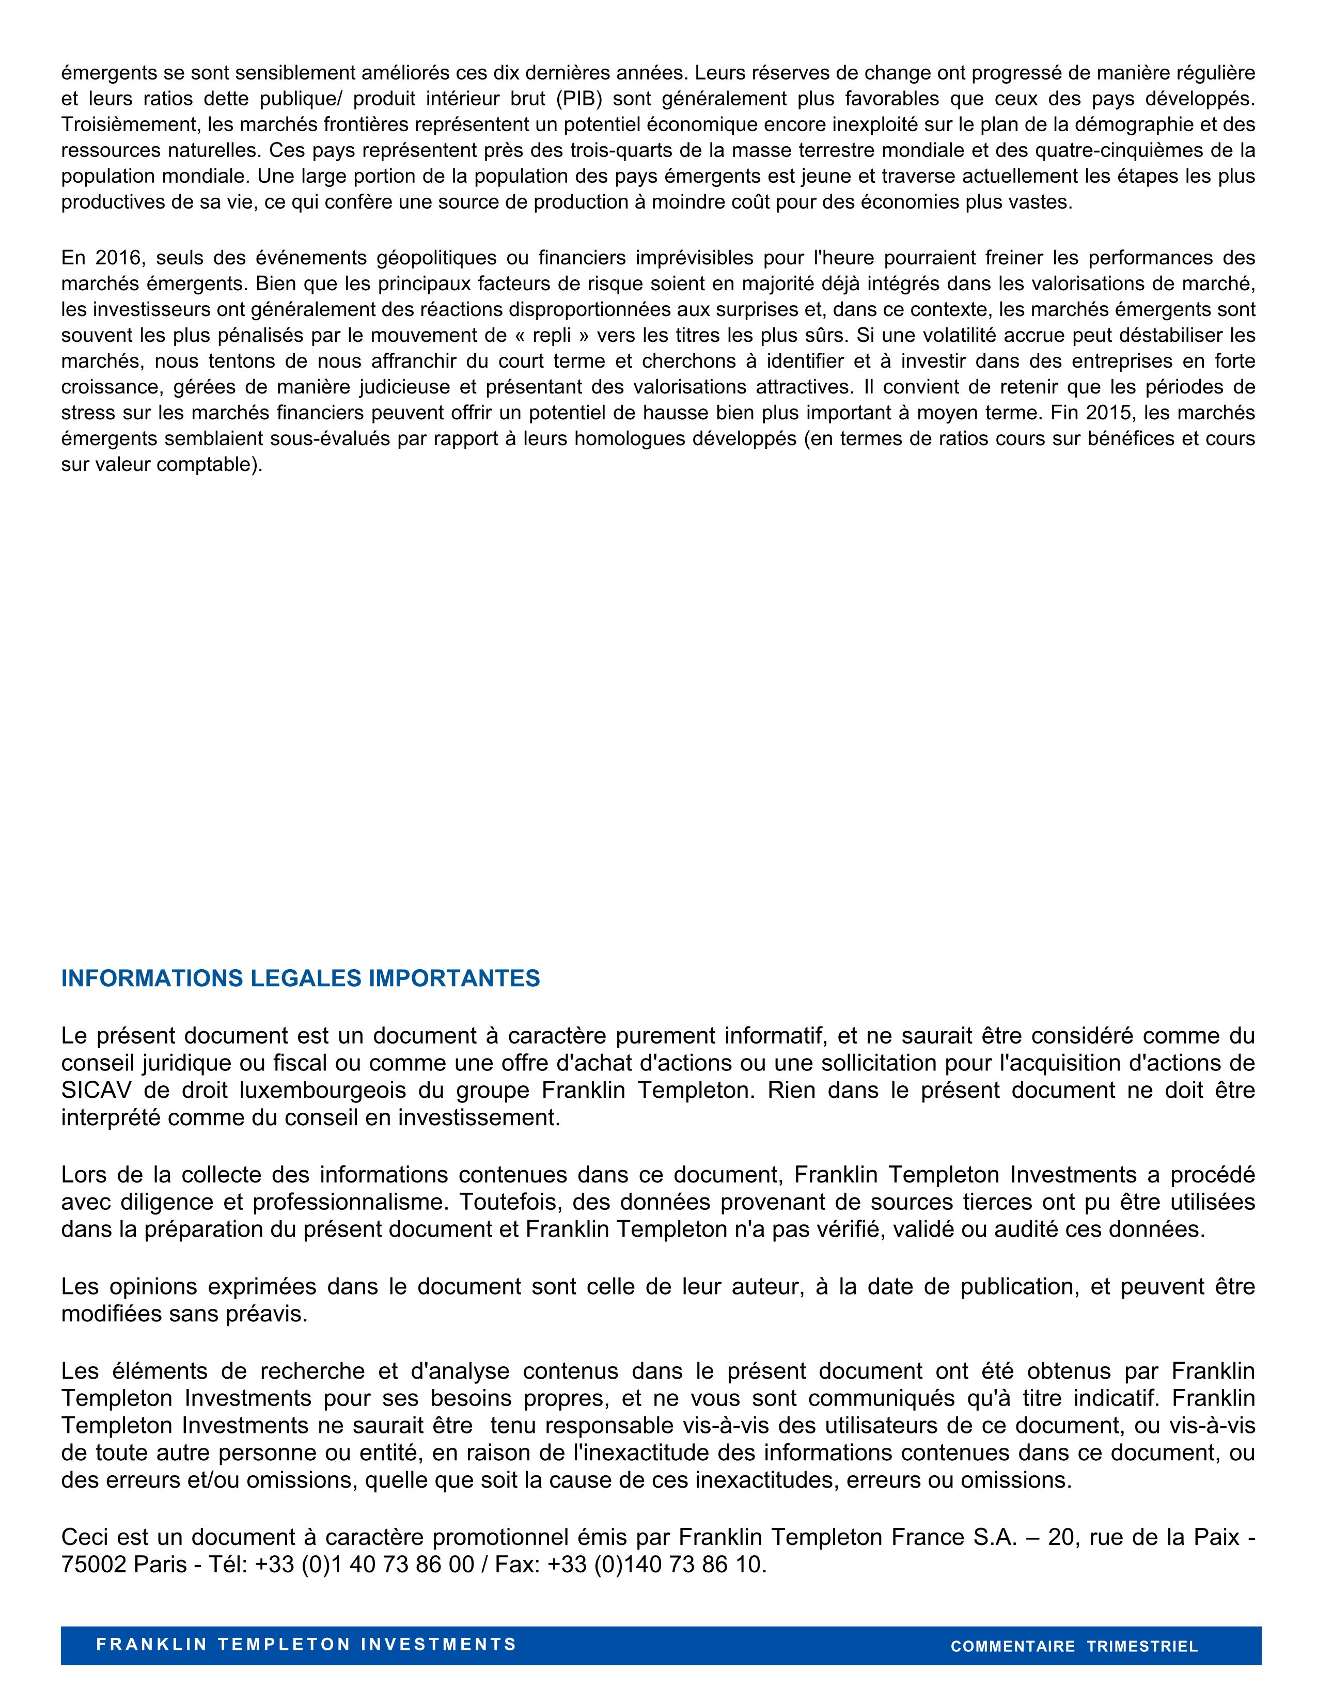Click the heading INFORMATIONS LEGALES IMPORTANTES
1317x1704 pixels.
301,979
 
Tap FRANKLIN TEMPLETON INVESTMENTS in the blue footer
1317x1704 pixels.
306,1645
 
